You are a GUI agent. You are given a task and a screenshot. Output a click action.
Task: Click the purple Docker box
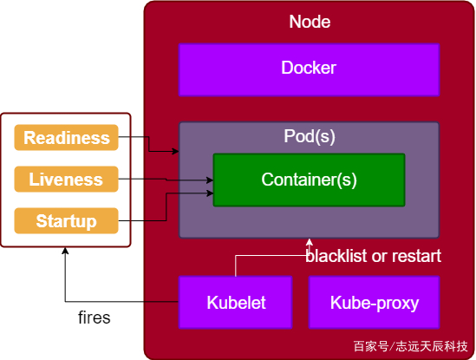point(309,69)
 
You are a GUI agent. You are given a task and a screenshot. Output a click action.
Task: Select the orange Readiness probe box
point(66,137)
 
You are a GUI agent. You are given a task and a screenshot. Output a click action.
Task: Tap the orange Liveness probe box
point(66,179)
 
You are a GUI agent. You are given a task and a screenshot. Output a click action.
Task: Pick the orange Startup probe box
point(66,220)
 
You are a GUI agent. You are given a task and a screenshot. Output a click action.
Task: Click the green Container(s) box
point(309,180)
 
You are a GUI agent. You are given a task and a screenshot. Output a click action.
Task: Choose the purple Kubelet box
point(235,302)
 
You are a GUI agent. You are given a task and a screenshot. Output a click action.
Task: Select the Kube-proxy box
point(375,302)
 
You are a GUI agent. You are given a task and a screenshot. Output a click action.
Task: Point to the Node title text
point(310,22)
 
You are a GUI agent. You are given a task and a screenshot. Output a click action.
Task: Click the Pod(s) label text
point(310,136)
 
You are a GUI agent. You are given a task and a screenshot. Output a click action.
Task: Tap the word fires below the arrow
point(95,317)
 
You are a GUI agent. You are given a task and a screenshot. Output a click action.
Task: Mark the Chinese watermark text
point(410,346)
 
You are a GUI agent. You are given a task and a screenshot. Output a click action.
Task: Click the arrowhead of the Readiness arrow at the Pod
point(175,151)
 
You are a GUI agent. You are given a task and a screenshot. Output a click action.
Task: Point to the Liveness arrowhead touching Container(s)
point(210,180)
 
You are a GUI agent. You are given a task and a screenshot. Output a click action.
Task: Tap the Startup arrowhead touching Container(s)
point(210,193)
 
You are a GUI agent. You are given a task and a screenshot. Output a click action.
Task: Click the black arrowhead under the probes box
point(65,251)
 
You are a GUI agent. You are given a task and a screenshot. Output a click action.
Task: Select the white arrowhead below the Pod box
point(310,242)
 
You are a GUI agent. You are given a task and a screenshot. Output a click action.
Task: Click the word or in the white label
point(380,257)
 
